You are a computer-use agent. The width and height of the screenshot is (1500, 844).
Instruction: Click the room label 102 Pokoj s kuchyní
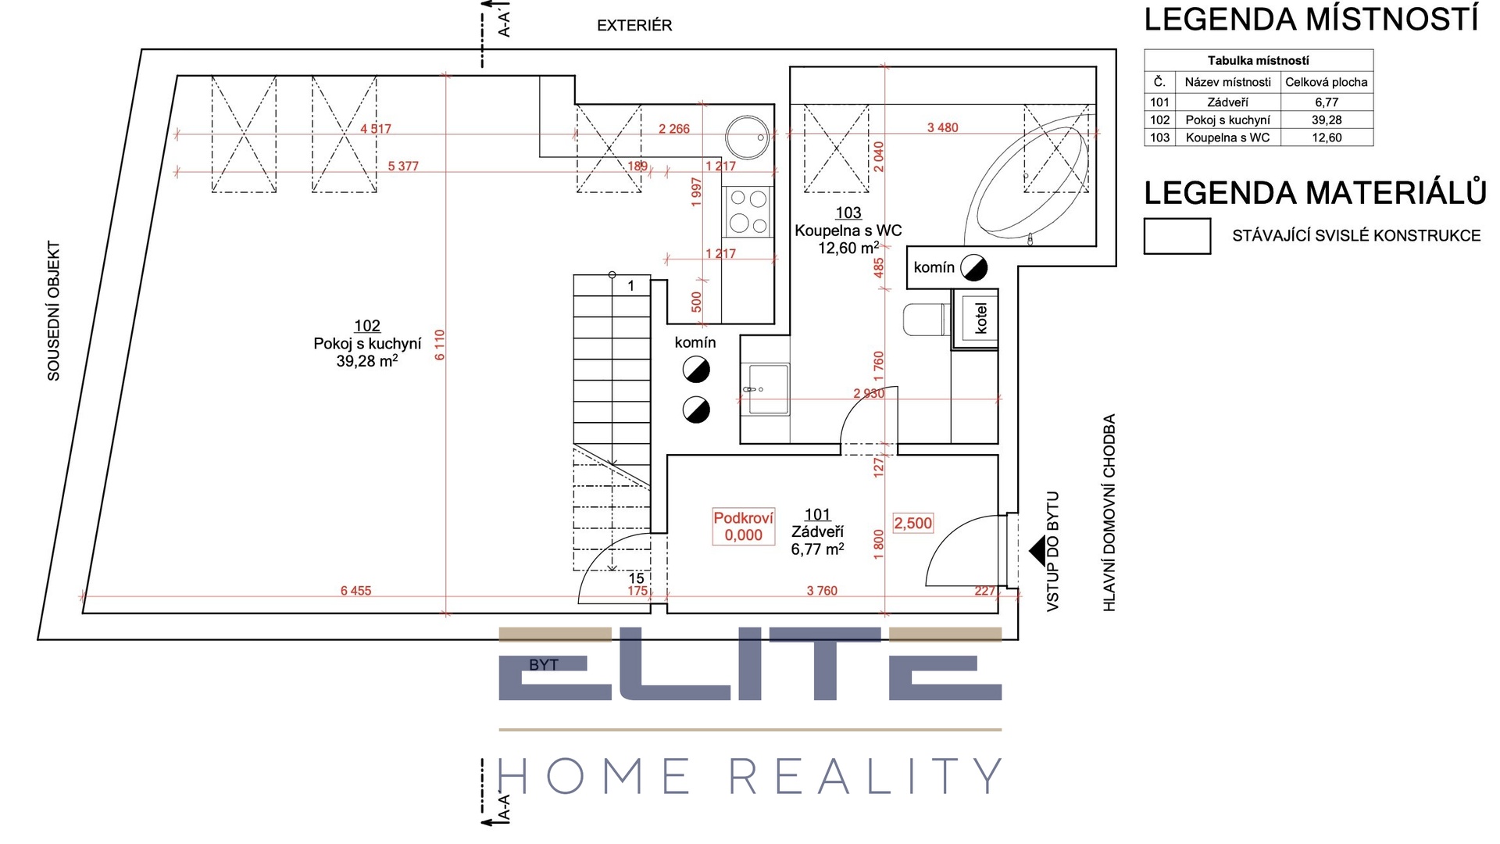(x=367, y=344)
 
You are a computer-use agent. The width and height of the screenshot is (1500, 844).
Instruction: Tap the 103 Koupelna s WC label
(x=848, y=231)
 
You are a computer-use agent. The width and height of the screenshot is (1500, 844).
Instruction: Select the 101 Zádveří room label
(x=817, y=531)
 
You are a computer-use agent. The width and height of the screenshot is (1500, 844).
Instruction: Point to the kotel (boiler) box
(x=976, y=319)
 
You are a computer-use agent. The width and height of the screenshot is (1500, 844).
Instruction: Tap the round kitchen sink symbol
(x=748, y=138)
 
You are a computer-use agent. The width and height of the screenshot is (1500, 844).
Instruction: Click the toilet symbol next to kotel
(x=926, y=320)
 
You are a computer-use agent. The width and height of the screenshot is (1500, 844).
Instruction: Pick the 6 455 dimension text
(x=355, y=591)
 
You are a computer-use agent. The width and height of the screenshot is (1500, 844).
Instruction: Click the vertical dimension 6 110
(x=440, y=345)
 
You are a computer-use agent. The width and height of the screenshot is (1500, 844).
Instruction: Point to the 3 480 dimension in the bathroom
(x=942, y=127)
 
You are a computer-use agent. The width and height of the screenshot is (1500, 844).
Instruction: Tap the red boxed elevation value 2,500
(x=913, y=524)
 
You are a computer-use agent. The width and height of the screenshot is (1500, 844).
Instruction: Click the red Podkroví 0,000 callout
(x=743, y=527)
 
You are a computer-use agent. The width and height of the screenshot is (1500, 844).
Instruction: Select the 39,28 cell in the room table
(x=1327, y=120)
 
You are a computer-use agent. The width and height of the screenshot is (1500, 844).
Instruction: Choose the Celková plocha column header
(x=1327, y=82)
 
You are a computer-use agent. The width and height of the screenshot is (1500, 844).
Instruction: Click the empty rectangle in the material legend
(x=1177, y=236)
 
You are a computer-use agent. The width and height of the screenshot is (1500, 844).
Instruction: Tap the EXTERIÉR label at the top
(x=634, y=26)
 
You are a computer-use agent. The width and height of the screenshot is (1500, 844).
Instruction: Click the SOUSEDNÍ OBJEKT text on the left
(x=54, y=311)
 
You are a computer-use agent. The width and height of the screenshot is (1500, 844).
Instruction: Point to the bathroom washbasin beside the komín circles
(x=766, y=388)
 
